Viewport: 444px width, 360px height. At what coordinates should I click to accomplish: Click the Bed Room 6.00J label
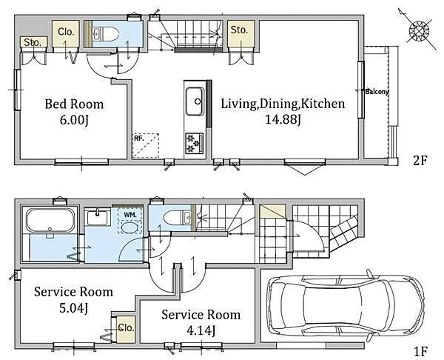[74, 112]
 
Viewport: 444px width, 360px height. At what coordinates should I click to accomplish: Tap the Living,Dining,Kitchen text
[283, 104]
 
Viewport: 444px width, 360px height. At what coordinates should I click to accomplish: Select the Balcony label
[377, 92]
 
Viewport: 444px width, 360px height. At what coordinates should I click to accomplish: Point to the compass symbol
[419, 30]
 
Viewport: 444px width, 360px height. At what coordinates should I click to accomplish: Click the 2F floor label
[420, 161]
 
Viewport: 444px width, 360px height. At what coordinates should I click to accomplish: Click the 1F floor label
[420, 352]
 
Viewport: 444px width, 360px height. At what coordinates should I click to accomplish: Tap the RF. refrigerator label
[138, 139]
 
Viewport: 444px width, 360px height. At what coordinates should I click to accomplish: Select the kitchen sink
[195, 101]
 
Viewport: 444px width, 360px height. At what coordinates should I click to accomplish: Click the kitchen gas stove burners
[194, 143]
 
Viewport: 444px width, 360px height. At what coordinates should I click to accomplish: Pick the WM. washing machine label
[130, 215]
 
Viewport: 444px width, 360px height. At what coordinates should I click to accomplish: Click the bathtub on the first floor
[50, 220]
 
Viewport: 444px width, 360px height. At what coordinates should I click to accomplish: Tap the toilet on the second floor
[105, 34]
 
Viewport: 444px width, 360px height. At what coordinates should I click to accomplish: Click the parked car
[346, 306]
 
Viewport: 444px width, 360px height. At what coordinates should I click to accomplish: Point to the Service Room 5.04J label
[73, 300]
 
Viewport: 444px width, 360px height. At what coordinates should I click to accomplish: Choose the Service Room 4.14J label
[201, 322]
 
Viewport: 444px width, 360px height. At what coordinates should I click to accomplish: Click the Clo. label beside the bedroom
[66, 32]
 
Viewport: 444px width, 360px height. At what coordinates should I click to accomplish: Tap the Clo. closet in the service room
[126, 328]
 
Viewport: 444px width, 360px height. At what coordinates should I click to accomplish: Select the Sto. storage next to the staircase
[239, 30]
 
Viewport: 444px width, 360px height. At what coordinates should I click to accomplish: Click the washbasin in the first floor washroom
[98, 217]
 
